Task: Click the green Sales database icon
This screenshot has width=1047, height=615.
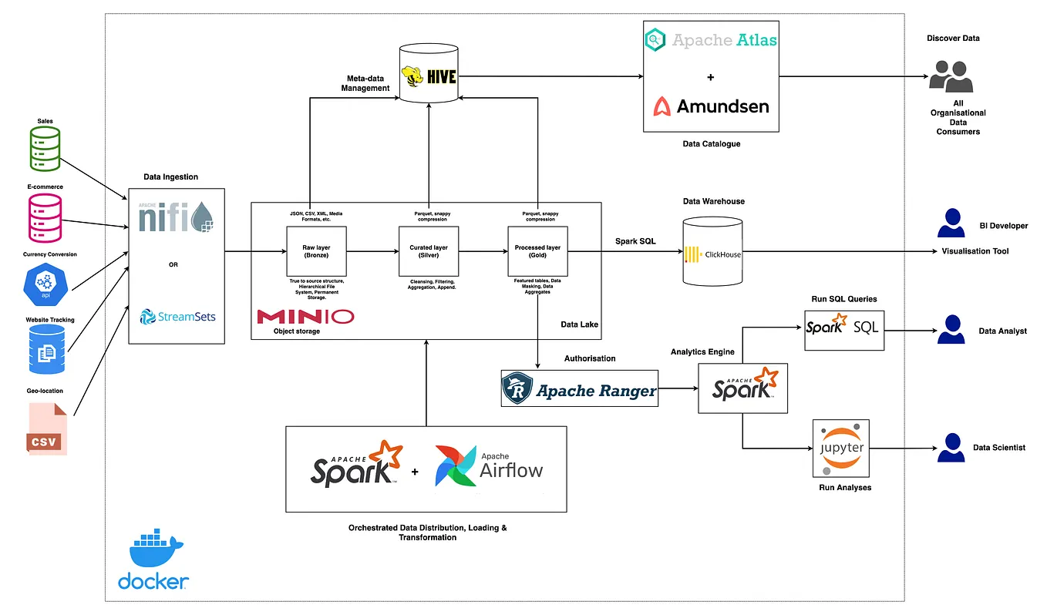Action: (45, 148)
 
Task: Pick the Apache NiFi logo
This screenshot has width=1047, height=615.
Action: (177, 217)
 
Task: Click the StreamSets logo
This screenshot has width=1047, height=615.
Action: (177, 316)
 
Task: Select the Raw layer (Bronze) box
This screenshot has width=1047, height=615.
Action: (316, 251)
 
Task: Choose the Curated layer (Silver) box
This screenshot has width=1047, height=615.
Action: (428, 251)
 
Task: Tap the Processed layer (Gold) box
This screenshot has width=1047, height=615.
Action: (537, 251)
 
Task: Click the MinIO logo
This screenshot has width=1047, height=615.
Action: (305, 317)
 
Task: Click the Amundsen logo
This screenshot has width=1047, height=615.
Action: (710, 106)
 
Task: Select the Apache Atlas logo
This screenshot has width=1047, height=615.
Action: (710, 40)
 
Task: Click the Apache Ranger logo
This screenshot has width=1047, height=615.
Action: (579, 388)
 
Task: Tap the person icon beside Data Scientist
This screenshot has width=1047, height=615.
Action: (951, 447)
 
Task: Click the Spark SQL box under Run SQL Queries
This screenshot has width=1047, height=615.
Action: (841, 330)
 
